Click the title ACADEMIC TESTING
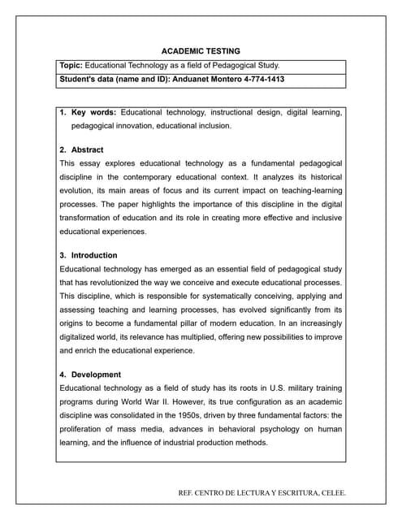(x=201, y=50)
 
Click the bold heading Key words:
(x=94, y=112)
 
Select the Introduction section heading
(x=93, y=255)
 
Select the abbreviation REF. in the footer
(x=188, y=493)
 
